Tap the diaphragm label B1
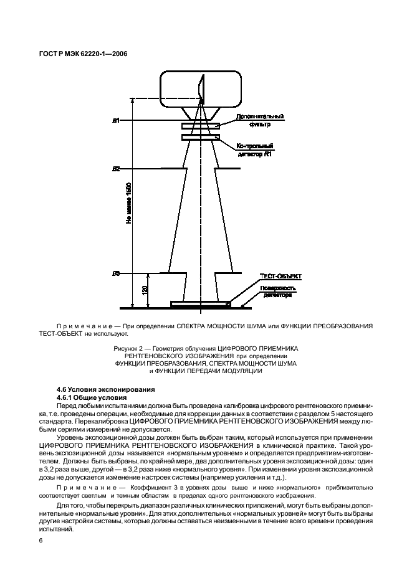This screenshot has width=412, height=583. [116, 120]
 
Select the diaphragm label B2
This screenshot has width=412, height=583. [116, 168]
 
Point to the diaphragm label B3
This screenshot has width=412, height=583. [116, 273]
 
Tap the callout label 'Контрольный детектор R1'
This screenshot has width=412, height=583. [256, 149]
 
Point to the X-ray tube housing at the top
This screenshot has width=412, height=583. [201, 88]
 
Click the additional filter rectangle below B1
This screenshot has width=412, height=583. [201, 126]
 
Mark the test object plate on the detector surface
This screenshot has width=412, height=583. [201, 304]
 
